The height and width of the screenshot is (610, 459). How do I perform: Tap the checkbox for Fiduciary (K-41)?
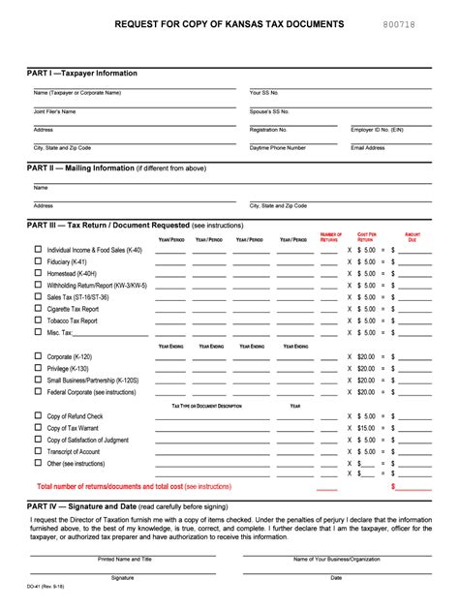point(39,261)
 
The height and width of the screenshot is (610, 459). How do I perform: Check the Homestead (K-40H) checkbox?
point(39,273)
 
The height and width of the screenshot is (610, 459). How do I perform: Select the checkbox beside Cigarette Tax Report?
point(39,308)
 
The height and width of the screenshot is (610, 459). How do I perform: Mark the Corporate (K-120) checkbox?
point(39,356)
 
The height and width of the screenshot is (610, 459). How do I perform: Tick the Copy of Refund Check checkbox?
point(39,415)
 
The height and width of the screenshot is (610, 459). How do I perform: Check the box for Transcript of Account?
point(39,451)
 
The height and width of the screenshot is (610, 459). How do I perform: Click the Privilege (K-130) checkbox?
point(39,368)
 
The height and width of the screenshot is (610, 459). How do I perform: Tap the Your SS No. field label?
point(263,93)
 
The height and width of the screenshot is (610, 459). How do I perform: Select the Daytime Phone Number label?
point(278,148)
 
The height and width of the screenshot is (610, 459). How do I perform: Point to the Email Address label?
point(368,148)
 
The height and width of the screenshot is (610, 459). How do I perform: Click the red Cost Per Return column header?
point(367,236)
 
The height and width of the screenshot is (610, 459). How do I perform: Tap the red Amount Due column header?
point(413,236)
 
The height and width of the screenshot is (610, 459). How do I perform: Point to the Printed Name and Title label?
point(125,560)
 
